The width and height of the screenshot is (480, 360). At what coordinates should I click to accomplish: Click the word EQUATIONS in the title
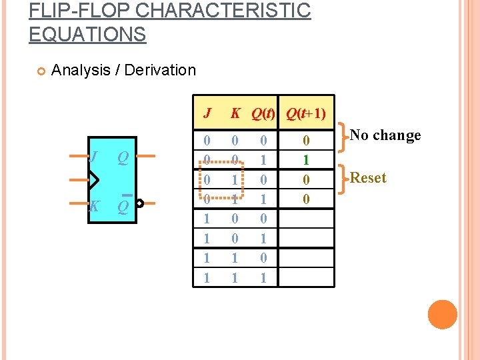click(87, 34)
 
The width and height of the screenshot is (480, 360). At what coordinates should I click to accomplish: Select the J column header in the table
click(207, 113)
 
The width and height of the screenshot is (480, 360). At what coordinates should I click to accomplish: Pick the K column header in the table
click(235, 113)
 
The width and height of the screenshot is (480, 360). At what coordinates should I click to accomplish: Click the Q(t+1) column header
click(306, 113)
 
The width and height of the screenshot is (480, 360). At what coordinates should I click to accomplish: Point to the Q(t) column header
click(264, 113)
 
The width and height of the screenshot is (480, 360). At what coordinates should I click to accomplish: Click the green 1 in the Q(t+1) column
click(306, 160)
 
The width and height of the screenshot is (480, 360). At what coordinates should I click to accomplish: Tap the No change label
click(385, 135)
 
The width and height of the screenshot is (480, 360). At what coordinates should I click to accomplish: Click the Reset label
click(368, 178)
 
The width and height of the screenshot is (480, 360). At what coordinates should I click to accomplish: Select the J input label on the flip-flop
click(94, 157)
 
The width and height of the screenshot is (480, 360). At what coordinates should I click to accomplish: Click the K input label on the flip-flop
click(94, 206)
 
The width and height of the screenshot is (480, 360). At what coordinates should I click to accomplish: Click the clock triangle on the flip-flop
click(93, 180)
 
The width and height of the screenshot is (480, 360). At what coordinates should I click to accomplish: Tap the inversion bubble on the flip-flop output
click(139, 205)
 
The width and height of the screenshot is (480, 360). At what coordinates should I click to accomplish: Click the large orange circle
click(442, 315)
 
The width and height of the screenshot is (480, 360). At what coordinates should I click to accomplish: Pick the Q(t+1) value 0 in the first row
click(306, 141)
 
